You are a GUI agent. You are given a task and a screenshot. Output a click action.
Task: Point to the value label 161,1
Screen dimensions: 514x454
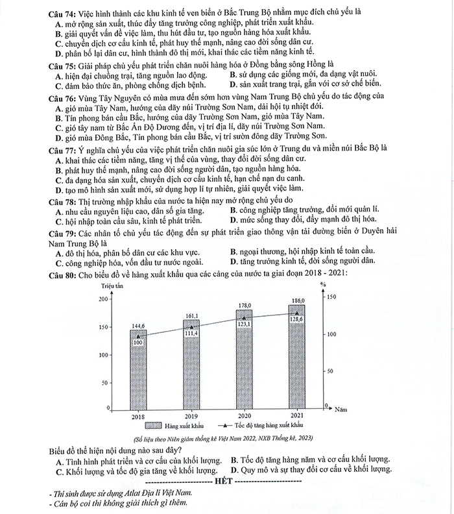click(191, 316)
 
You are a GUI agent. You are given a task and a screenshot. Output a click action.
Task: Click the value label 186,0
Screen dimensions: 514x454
click(298, 301)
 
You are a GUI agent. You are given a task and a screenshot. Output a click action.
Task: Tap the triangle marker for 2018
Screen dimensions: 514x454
click(138, 337)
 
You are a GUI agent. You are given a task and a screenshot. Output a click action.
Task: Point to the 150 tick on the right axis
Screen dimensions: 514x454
click(331, 297)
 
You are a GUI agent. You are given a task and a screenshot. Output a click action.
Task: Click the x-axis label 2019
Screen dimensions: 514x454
click(191, 415)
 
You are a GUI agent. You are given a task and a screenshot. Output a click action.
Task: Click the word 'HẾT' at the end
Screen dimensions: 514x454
click(221, 482)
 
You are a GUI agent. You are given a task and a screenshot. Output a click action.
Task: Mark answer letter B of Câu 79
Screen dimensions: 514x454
click(233, 251)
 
